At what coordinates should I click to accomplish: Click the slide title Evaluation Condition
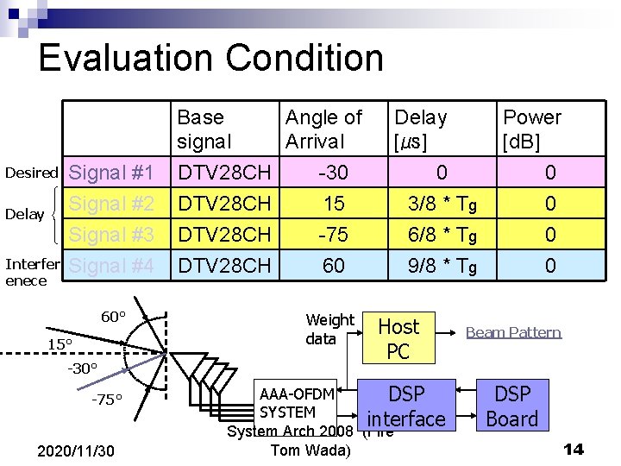pyautogui.click(x=210, y=58)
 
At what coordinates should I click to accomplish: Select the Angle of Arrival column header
pyautogui.click(x=323, y=129)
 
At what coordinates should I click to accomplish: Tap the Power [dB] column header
pyautogui.click(x=531, y=129)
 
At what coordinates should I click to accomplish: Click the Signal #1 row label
pyautogui.click(x=111, y=173)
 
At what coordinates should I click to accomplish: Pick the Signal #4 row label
pyautogui.click(x=111, y=265)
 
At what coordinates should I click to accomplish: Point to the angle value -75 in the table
pyautogui.click(x=333, y=235)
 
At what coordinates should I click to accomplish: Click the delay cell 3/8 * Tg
pyautogui.click(x=442, y=204)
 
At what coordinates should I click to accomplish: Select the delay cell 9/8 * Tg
pyautogui.click(x=442, y=265)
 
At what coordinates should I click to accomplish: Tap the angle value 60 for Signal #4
pyautogui.click(x=333, y=265)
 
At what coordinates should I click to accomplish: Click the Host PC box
pyautogui.click(x=398, y=338)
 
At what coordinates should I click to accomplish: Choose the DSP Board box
pyautogui.click(x=512, y=406)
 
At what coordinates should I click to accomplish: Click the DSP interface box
pyautogui.click(x=406, y=406)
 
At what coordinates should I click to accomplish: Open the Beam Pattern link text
pyautogui.click(x=513, y=332)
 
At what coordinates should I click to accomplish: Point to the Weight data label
pyautogui.click(x=329, y=329)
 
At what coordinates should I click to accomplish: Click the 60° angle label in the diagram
pyautogui.click(x=113, y=317)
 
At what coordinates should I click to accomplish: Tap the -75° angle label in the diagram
pyautogui.click(x=108, y=399)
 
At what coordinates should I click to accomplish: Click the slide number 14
pyautogui.click(x=574, y=449)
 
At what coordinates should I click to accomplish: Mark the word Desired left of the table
pyautogui.click(x=31, y=173)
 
